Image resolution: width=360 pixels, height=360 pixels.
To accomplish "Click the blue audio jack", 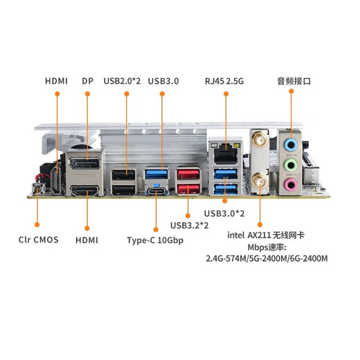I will [x=292, y=144].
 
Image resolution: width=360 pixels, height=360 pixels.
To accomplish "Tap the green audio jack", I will [x=292, y=165].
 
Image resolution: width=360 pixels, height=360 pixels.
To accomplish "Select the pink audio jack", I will [x=292, y=185].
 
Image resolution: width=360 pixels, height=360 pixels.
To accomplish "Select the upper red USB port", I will [x=189, y=174].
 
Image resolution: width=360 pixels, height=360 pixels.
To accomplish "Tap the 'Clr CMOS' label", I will [x=38, y=240].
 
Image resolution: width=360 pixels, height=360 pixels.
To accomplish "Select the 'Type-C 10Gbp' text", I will [x=155, y=240].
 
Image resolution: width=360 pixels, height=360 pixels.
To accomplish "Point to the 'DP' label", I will [x=87, y=80].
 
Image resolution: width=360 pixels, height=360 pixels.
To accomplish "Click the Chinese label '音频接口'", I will [x=294, y=80].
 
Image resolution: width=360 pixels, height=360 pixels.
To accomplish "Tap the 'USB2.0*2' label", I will [x=122, y=80].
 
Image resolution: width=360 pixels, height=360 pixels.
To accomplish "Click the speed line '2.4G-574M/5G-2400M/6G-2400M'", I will [x=266, y=259].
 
